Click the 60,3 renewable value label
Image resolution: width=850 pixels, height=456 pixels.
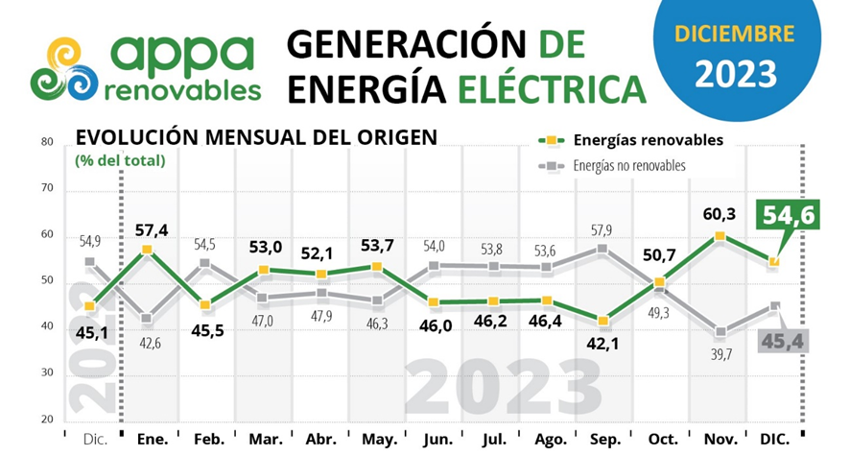tap(720, 213)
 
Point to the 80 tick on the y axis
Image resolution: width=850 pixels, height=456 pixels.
tap(45, 142)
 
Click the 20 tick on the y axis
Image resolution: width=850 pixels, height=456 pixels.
tap(45, 420)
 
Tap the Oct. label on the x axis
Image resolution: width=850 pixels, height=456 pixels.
tap(662, 438)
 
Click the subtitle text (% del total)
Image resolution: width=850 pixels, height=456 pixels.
tap(120, 160)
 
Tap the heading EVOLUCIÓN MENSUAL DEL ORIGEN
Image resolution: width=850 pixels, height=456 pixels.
tap(256, 137)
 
